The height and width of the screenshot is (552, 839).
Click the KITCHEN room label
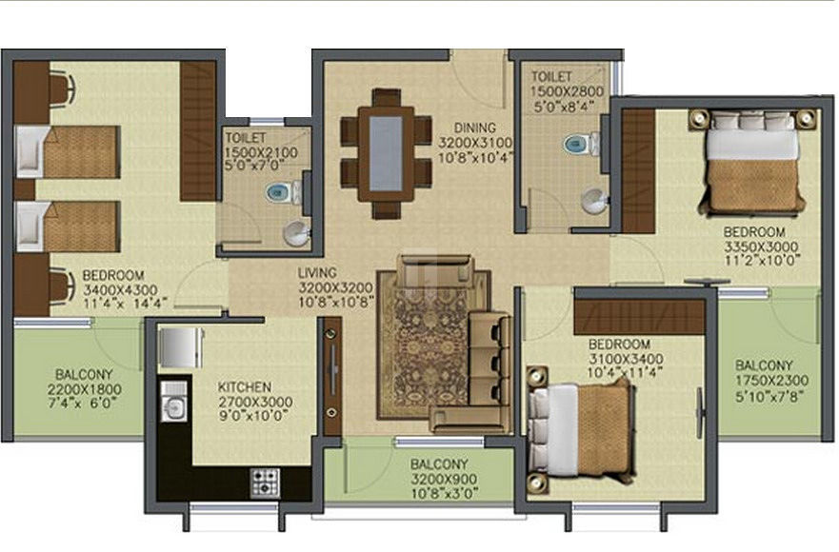pyautogui.click(x=244, y=386)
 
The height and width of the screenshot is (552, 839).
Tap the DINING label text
pyautogui.click(x=474, y=128)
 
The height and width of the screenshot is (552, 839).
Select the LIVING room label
pyautogui.click(x=317, y=273)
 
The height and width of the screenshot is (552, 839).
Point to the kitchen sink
pyautogui.click(x=174, y=409)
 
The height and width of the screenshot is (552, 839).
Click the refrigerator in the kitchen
pyautogui.click(x=181, y=347)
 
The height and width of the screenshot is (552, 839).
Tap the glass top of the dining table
pyautogui.click(x=386, y=153)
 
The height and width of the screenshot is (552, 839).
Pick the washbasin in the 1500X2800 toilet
pyautogui.click(x=594, y=201)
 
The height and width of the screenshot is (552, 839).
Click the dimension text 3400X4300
pyautogui.click(x=120, y=290)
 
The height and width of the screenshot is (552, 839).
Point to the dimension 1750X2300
pyautogui.click(x=771, y=381)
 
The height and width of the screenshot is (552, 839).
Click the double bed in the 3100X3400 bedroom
pyautogui.click(x=581, y=429)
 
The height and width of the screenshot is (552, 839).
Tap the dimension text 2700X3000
pyautogui.click(x=255, y=402)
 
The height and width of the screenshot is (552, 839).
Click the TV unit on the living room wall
pyautogui.click(x=332, y=377)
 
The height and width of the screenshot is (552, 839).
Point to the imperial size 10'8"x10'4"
pyautogui.click(x=475, y=158)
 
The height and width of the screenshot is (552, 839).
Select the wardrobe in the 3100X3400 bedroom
pyautogui.click(x=639, y=318)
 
